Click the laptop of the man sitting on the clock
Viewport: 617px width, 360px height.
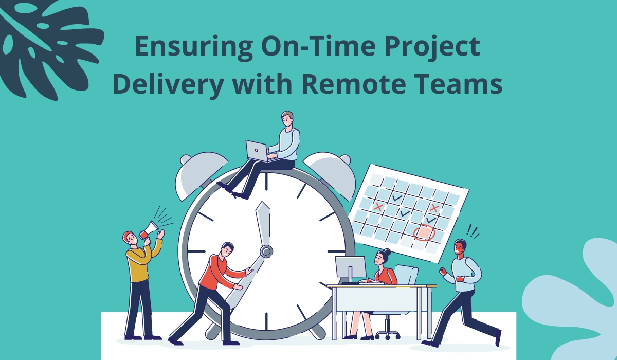257,150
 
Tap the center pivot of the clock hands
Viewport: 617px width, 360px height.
266,251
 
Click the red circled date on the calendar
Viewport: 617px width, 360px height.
424,233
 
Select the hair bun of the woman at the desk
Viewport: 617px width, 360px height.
387,251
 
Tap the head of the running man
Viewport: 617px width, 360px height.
460,248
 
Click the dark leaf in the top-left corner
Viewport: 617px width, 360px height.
46,41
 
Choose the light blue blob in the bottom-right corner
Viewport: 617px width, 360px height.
576,303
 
